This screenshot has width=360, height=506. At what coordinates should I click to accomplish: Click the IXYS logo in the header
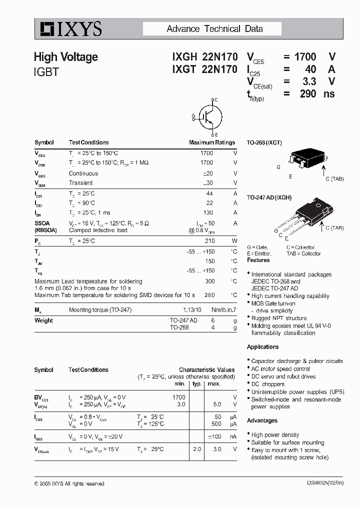click(68, 29)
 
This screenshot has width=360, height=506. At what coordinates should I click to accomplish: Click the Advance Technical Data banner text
click(214, 29)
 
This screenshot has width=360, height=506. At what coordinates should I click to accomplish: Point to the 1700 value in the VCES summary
click(305, 57)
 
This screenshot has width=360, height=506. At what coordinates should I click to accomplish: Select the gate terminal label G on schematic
click(193, 116)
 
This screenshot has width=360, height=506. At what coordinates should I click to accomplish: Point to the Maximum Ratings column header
click(211, 142)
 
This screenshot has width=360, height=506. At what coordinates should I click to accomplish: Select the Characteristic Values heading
click(206, 370)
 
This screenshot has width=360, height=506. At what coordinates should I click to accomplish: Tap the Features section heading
click(258, 260)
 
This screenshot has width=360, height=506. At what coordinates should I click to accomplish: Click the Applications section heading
click(262, 347)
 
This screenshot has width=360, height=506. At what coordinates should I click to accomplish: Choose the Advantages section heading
click(262, 420)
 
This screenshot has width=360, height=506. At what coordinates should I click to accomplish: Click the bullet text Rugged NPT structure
click(278, 318)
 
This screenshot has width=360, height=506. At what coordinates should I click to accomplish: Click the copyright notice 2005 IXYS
click(69, 483)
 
